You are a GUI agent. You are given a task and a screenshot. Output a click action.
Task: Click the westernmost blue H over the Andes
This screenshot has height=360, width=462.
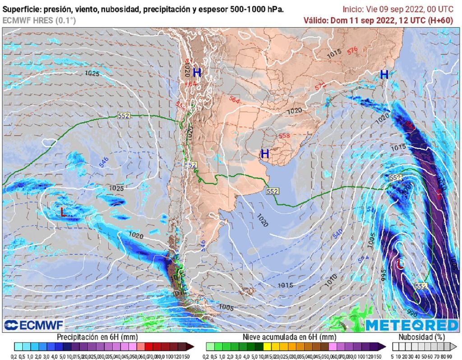[x=197, y=72]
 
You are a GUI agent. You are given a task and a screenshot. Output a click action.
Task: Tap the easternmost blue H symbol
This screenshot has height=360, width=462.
[x=384, y=74]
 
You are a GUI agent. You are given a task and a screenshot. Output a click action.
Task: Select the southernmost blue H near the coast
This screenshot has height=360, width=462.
[x=265, y=154]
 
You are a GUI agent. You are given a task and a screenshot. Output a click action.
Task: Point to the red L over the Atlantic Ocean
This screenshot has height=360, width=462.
[x=400, y=264]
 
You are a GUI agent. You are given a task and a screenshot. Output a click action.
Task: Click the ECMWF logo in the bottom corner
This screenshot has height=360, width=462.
[x=34, y=325]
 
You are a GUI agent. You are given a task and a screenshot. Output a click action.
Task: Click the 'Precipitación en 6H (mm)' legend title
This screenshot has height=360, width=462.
[x=97, y=337]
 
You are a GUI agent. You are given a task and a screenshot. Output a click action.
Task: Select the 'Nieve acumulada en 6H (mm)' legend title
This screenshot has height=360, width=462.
[x=289, y=337]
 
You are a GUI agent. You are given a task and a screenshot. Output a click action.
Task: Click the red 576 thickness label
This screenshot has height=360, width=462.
[x=352, y=51]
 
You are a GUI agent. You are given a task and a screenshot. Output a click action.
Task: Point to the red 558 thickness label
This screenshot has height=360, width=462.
[x=284, y=135]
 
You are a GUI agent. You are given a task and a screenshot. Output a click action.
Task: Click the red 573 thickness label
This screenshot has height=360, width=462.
[x=320, y=86]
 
